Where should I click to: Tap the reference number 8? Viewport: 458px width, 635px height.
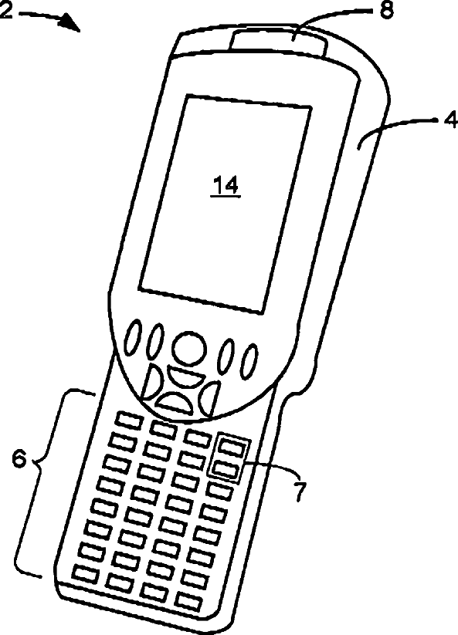coord(386,10)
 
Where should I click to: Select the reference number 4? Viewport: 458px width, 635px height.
coord(451,120)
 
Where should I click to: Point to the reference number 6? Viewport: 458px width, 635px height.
coord(19,459)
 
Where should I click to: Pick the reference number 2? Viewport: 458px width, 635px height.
coord(5,11)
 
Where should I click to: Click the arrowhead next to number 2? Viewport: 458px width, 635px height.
coord(70,23)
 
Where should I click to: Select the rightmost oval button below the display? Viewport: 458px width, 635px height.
coord(249,361)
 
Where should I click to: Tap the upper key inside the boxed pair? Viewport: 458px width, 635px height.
coord(234,448)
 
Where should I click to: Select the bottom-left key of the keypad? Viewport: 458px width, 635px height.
coord(85,574)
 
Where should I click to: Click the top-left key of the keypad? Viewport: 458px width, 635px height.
coord(128,420)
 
